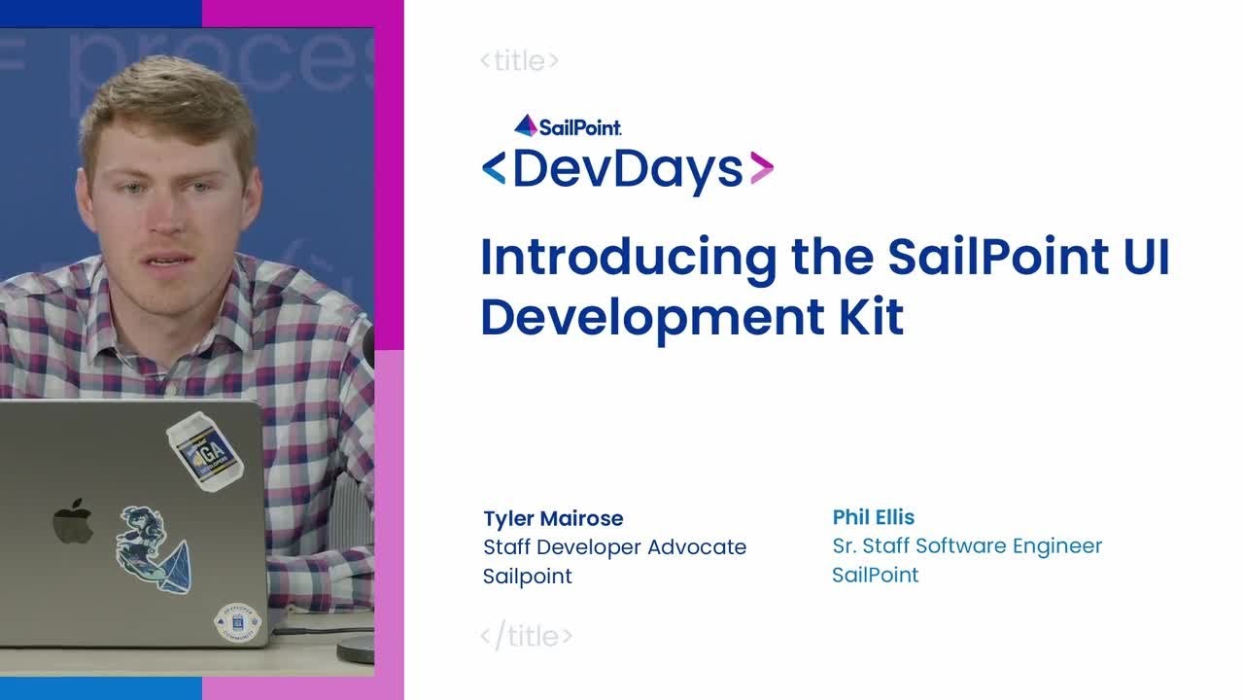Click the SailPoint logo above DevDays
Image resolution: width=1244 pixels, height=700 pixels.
coord(568,125)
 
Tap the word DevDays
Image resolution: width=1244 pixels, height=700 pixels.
coord(628,169)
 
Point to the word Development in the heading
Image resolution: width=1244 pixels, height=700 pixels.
coord(650,318)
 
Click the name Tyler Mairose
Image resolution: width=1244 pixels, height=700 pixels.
coord(553,518)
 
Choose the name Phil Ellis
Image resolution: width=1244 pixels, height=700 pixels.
coord(874,517)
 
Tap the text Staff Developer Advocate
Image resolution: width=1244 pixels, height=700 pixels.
coord(614,547)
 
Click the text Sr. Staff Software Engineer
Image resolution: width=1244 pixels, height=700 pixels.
coord(967,546)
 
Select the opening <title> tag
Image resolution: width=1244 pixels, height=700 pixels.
coord(520,61)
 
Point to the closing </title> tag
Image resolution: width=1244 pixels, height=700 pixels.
coord(527,637)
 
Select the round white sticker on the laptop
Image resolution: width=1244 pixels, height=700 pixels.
coord(237,624)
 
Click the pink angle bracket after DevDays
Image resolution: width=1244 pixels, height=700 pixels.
coord(761,169)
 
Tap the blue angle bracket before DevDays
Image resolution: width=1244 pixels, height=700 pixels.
coord(494,169)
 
